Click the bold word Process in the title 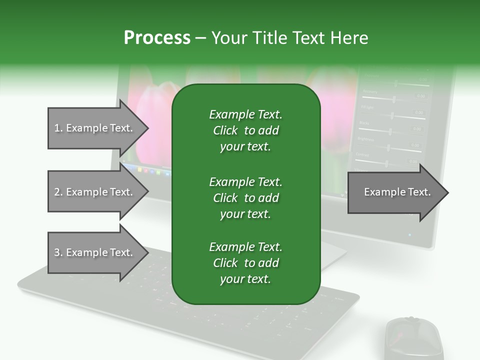click(x=157, y=38)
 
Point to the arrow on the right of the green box click(x=395, y=192)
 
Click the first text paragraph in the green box click(x=245, y=130)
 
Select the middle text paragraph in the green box click(x=245, y=197)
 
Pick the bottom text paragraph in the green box click(x=245, y=263)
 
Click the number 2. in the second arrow click(x=58, y=192)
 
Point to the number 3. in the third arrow click(x=58, y=253)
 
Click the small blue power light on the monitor click(x=409, y=234)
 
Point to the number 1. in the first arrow click(x=58, y=128)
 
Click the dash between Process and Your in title click(x=200, y=38)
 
